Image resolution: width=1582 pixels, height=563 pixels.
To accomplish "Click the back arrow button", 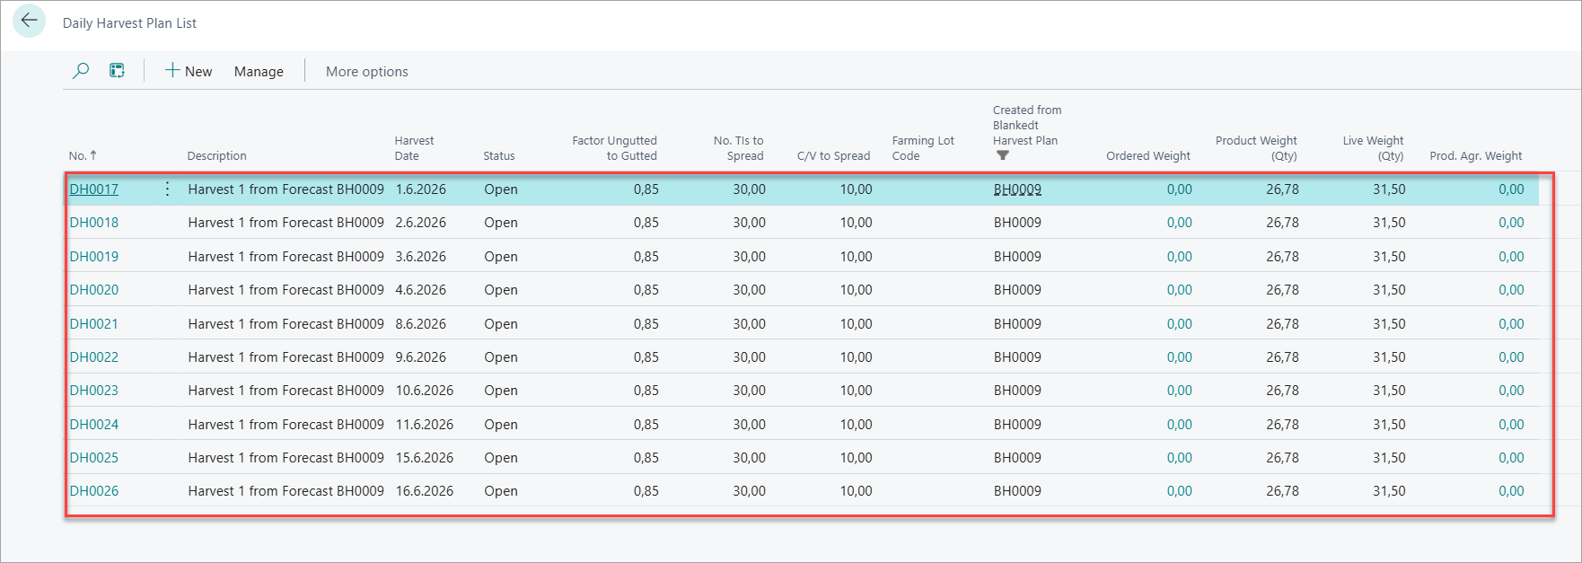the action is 29,21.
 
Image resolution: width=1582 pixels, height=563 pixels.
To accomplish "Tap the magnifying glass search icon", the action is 81,71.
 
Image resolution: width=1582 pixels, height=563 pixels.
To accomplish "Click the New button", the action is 189,71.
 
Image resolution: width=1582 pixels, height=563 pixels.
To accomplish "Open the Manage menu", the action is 259,72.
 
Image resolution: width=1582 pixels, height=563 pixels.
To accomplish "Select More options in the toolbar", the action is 366,72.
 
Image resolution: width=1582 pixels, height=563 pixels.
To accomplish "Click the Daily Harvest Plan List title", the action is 129,23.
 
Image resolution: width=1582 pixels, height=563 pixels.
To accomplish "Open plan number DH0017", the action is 94,189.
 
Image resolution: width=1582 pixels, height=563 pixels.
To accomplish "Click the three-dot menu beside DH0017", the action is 167,189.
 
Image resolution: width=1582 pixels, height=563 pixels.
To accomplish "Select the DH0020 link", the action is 94,290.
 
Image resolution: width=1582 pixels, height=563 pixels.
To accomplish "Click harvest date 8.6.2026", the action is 421,324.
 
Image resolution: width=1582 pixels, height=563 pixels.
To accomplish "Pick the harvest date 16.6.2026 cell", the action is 425,491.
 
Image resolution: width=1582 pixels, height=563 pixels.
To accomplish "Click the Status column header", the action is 499,156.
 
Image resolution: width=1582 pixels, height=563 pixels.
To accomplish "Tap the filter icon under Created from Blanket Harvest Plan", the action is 1003,155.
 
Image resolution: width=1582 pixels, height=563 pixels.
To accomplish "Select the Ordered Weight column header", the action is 1148,156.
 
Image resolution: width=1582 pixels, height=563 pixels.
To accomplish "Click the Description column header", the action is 217,156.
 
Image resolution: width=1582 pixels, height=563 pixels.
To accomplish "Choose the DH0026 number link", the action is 94,491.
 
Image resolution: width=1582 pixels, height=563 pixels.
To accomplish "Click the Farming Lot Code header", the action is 923,148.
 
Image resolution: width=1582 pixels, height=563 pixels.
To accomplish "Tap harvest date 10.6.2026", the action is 425,391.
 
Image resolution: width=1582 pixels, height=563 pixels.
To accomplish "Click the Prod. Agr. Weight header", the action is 1476,156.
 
